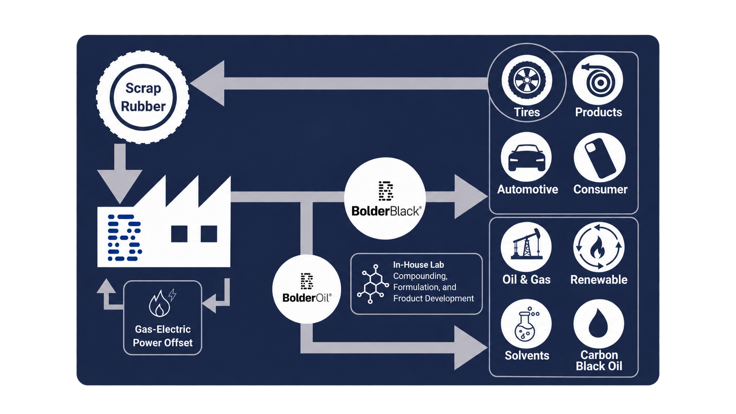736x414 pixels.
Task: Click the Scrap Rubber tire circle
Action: click(x=143, y=97)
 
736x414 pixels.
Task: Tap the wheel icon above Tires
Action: click(x=527, y=80)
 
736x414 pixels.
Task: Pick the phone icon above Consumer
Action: click(x=600, y=158)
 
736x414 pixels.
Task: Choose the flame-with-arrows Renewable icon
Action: click(x=599, y=247)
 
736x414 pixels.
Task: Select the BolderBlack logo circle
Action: click(x=385, y=198)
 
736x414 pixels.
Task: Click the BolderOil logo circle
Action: click(x=306, y=289)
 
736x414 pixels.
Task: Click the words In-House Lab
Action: click(x=418, y=264)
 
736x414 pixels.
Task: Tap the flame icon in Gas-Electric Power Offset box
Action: click(x=160, y=304)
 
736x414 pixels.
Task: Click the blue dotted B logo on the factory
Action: click(x=125, y=238)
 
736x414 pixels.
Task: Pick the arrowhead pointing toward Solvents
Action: click(x=471, y=348)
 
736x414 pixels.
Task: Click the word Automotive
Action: click(x=527, y=190)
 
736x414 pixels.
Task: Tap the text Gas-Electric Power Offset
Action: click(x=162, y=336)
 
